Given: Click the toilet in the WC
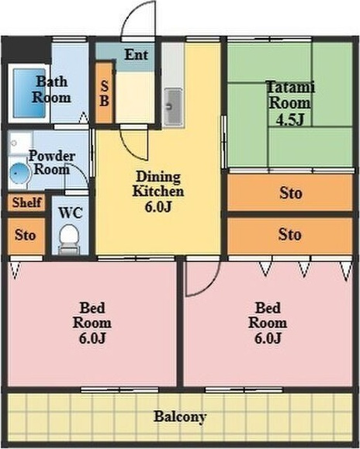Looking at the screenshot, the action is pos(69,240).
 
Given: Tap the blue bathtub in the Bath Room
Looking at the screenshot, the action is pos(29,93).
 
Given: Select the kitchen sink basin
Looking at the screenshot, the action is pos(173,107).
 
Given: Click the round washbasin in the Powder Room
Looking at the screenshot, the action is pos(19,174).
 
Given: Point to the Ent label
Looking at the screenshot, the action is pos(137,54).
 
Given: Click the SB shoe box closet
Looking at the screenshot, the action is pos(104,93).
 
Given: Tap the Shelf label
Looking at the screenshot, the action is pos(26,202).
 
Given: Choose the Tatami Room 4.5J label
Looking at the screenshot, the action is pos(290,103).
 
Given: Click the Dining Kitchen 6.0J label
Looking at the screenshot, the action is pos(158,192).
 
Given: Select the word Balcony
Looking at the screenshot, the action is pos(180,416).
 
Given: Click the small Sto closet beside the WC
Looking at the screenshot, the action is pos(26,236).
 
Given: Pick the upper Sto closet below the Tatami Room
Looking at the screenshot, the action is pos(290,193).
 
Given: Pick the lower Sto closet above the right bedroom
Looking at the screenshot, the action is pos(290,236).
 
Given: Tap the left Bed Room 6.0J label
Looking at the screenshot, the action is pos(92,323).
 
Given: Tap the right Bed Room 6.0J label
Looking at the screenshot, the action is pos(268,323).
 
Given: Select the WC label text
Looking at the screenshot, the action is pos(71,212).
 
